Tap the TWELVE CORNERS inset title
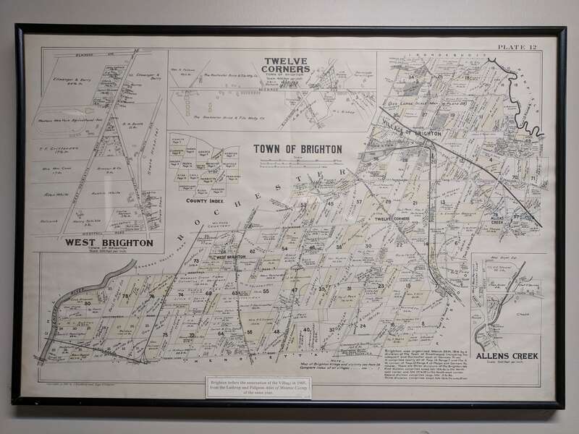pos(287,64)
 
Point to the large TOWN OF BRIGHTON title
pos(297,149)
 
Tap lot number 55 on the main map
pos(266,292)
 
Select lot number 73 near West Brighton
pos(195,260)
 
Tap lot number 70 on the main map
pos(514,176)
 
